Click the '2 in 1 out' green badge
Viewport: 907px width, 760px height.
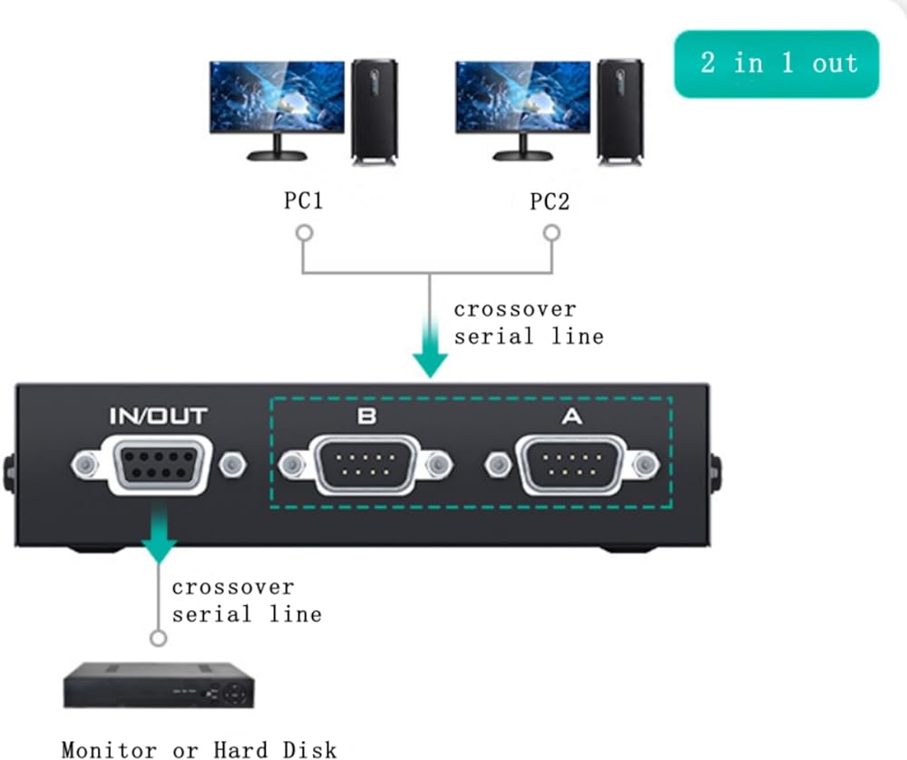(x=776, y=63)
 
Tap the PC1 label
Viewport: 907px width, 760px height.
(x=303, y=200)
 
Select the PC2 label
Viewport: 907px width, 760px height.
(x=550, y=200)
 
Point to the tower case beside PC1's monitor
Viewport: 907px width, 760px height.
(x=375, y=111)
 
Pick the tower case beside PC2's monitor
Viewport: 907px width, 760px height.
(x=620, y=111)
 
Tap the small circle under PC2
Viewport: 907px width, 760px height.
(x=551, y=233)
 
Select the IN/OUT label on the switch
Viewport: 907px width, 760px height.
(x=159, y=416)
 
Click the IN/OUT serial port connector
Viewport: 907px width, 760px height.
(x=160, y=465)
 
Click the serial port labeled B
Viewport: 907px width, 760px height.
(x=366, y=466)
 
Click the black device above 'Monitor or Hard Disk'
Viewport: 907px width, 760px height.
(x=159, y=686)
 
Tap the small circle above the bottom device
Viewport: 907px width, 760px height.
(x=160, y=638)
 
